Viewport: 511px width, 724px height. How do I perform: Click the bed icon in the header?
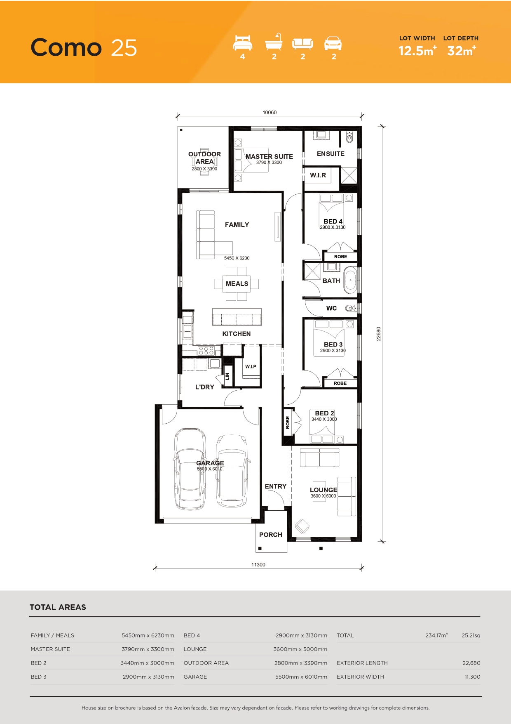[242, 43]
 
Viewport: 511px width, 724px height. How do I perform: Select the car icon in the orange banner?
[333, 43]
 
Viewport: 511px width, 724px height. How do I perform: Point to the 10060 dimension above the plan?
[270, 113]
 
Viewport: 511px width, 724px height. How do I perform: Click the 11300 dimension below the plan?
[258, 565]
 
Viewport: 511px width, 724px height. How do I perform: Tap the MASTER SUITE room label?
[269, 157]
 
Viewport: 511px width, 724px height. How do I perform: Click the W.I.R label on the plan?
[318, 175]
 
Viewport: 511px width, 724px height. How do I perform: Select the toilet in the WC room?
[351, 308]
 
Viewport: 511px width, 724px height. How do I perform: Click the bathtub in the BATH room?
[351, 280]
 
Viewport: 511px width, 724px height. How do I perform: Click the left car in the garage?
[190, 469]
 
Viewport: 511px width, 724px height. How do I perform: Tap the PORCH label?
[271, 535]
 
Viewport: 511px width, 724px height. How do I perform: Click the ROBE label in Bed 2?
[288, 422]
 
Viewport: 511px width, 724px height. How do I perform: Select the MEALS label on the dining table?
[237, 284]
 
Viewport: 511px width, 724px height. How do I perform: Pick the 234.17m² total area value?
[436, 635]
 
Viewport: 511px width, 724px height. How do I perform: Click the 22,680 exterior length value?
[471, 663]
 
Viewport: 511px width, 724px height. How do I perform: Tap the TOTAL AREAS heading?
[58, 607]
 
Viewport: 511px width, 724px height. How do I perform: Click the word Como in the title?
[66, 47]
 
